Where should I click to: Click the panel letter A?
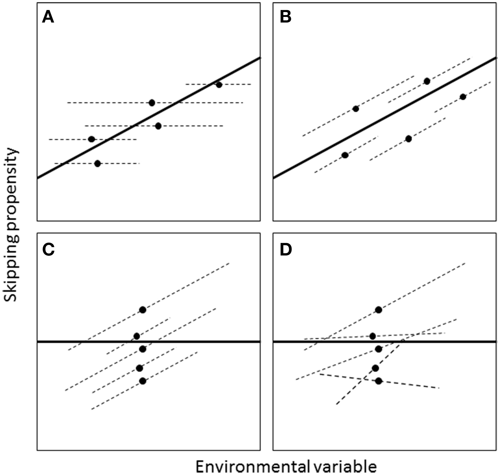[48, 18]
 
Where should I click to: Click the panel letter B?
[285, 18]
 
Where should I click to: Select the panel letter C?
[48, 249]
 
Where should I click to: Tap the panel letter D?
[286, 249]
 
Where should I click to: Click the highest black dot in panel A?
[219, 85]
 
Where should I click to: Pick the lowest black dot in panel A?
[97, 164]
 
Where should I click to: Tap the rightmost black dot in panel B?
[463, 97]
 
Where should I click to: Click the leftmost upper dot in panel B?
[356, 109]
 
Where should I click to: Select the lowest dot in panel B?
[345, 155]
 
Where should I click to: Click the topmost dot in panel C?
[143, 310]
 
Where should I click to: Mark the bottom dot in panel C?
[143, 381]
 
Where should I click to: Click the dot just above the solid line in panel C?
[137, 336]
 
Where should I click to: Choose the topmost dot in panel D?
[379, 310]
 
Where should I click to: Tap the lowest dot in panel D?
[379, 381]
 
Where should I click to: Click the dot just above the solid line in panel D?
[372, 336]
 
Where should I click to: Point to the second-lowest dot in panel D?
[375, 368]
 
